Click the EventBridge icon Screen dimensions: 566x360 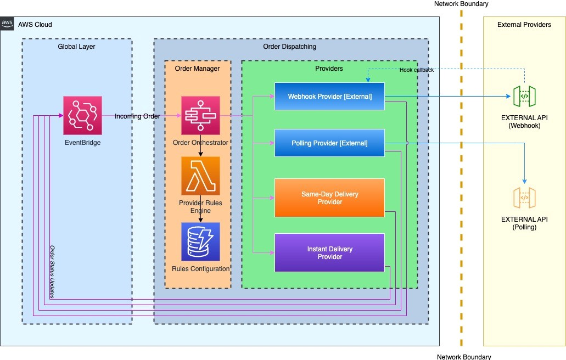click(83, 115)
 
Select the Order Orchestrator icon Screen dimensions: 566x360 click(201, 115)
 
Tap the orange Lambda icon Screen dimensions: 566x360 click(201, 176)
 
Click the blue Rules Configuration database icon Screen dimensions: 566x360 click(201, 241)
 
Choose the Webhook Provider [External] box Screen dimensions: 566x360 click(329, 97)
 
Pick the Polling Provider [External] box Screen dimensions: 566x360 click(329, 143)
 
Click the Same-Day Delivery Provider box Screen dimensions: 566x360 click(329, 198)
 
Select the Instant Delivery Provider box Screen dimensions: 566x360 click(329, 252)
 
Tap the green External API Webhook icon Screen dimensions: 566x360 click(524, 97)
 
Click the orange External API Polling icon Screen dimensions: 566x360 click(524, 198)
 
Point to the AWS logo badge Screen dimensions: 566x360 click(7, 24)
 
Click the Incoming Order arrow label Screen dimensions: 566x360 click(138, 116)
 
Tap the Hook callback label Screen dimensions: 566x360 click(417, 70)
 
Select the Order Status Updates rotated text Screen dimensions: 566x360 click(52, 272)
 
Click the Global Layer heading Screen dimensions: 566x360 click(76, 47)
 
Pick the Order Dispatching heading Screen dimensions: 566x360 click(289, 47)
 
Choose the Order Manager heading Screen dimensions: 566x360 click(197, 69)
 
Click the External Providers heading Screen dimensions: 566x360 click(524, 25)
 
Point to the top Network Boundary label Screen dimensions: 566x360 click(461, 4)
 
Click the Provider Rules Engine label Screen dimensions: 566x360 click(201, 207)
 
